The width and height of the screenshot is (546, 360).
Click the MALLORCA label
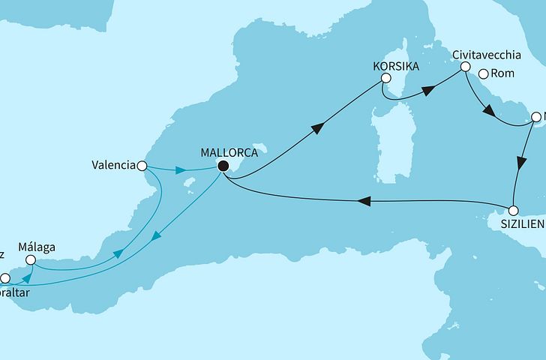pyautogui.click(x=230, y=152)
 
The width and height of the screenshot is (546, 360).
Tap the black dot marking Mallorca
pyautogui.click(x=223, y=166)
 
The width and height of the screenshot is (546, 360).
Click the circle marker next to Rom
pyautogui.click(x=484, y=73)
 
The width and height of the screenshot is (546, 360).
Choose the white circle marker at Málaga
pyautogui.click(x=31, y=260)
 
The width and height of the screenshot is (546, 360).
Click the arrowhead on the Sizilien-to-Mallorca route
pyautogui.click(x=363, y=201)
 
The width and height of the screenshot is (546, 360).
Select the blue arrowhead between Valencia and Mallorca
pyautogui.click(x=180, y=171)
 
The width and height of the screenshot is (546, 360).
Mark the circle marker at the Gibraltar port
pyautogui.click(x=5, y=277)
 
